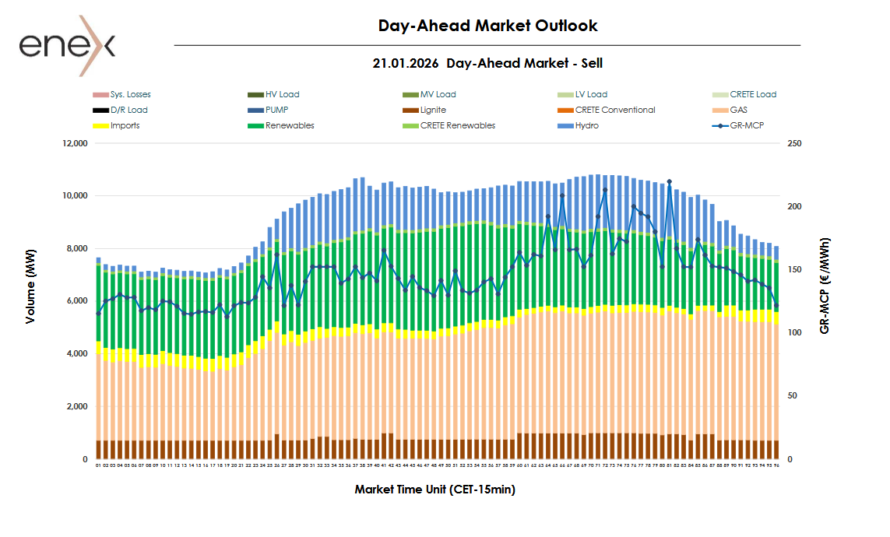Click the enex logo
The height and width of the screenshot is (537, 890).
67,45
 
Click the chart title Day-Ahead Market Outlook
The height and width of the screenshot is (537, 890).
487,26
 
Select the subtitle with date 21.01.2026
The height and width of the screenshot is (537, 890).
487,63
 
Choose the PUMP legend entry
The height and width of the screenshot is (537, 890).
276,111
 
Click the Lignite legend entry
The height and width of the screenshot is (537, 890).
432,111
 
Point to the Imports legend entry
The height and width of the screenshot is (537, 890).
125,126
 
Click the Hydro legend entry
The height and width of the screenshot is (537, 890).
586,126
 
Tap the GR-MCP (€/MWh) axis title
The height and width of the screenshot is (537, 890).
825,286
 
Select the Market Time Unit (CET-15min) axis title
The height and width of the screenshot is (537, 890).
434,490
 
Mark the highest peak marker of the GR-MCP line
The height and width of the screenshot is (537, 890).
669,182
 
